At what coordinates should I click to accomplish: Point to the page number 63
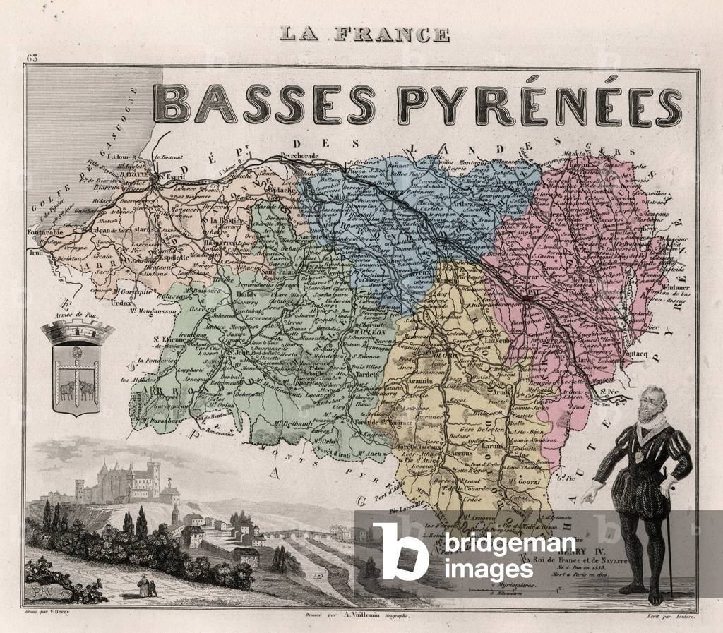tap(32, 58)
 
